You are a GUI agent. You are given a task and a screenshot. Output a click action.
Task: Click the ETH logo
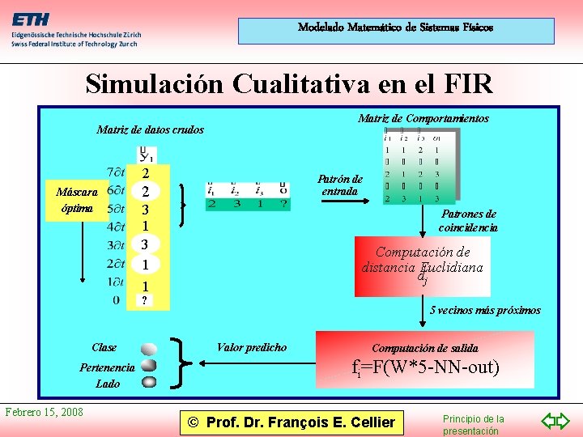31,19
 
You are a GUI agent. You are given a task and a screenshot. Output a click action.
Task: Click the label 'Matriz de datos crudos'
150,129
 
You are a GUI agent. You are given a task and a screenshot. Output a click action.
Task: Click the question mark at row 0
144,301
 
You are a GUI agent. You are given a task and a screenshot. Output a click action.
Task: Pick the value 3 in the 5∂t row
144,209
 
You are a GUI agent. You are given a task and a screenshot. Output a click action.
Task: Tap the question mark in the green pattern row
283,205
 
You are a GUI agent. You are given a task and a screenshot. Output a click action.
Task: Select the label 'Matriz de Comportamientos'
423,118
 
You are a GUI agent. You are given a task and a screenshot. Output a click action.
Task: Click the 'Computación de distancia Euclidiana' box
422,265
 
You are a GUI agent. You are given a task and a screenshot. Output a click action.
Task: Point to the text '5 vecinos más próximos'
485,310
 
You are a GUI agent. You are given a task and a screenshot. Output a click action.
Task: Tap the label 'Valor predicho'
251,347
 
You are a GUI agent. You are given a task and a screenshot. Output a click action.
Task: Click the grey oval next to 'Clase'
149,350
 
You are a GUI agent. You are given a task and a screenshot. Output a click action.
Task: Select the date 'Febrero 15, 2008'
45,412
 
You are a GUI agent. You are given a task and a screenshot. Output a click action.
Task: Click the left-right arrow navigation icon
555,420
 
